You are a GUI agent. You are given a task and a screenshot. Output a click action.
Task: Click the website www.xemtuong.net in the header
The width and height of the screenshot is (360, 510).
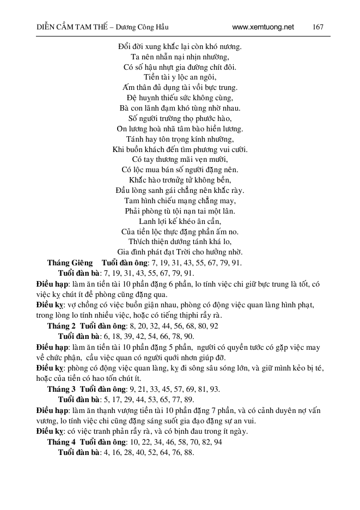(x=263, y=27)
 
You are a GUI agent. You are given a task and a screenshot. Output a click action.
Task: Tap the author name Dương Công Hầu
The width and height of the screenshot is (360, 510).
(x=147, y=27)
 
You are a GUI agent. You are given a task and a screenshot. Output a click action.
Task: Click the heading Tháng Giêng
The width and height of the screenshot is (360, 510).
(x=69, y=263)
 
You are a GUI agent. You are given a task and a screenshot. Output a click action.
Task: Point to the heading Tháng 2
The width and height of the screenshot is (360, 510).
(x=61, y=326)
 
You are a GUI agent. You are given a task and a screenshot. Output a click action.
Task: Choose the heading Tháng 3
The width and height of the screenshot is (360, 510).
(x=61, y=389)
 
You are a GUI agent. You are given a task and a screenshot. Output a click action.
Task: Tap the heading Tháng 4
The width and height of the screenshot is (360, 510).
(x=61, y=442)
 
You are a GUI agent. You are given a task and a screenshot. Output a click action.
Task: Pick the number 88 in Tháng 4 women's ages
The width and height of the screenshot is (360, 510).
(x=190, y=452)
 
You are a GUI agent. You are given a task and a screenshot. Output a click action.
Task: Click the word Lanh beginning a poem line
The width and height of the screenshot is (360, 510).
(x=148, y=221)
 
